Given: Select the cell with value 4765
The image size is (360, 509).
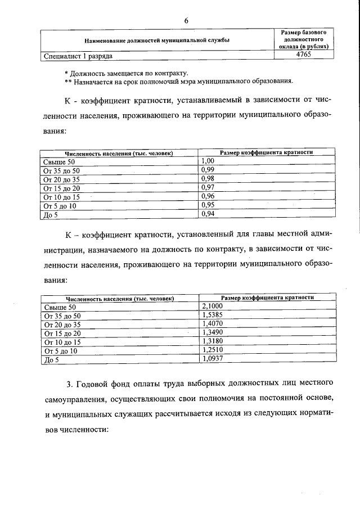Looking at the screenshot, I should coord(303,56).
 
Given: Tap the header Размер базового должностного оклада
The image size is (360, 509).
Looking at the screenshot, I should coord(303,40).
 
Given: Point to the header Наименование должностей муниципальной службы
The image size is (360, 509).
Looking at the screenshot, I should coord(157,40).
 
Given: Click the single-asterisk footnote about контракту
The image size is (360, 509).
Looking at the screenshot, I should coord(127,73).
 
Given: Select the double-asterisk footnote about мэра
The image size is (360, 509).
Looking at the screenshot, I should coord(179,81).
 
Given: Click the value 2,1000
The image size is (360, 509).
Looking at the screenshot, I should coord(212,306).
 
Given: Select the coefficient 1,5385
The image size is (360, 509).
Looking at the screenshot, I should coord(212,315).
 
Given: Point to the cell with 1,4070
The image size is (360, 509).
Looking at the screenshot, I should coord(212,324).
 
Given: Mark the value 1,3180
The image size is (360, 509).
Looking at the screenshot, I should coord(212,341).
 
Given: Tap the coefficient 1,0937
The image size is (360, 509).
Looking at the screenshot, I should coord(212,359).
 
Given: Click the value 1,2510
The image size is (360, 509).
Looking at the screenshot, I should coord(212,350).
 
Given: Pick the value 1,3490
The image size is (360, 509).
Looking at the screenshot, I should coord(212,332).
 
